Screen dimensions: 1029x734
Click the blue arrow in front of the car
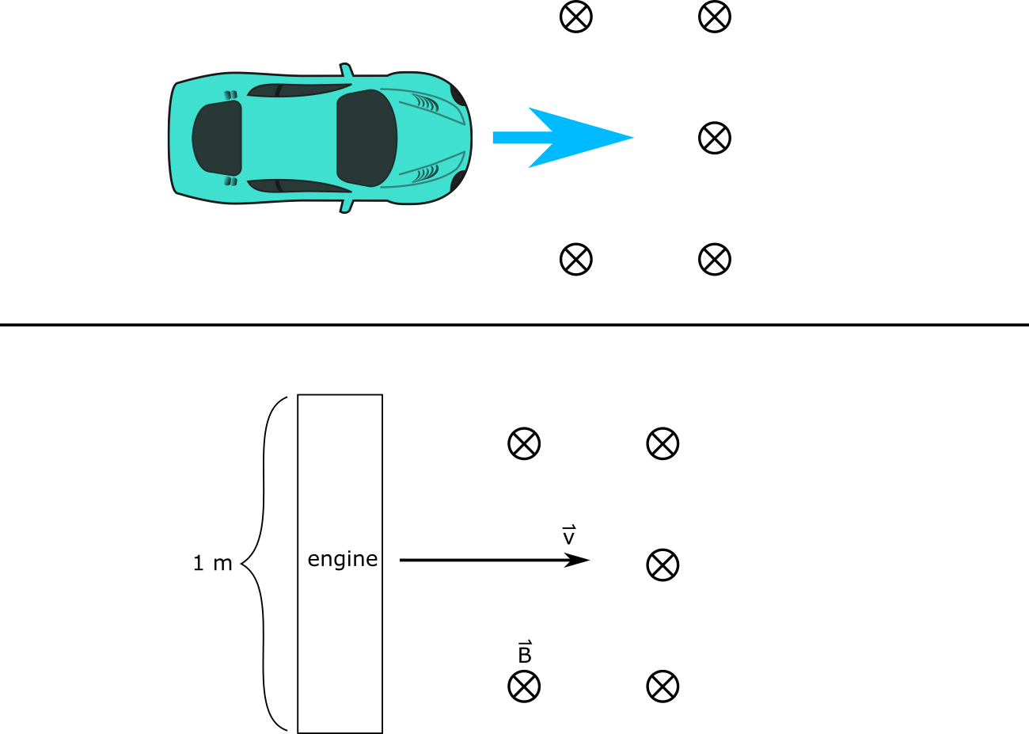pyautogui.click(x=564, y=138)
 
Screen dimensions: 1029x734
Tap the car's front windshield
pyautogui.click(x=367, y=138)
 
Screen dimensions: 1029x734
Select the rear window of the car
pyautogui.click(x=217, y=138)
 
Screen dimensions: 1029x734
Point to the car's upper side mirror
pyautogui.click(x=347, y=70)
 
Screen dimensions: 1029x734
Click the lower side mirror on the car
pyautogui.click(x=347, y=207)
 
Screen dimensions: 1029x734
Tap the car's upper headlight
pyautogui.click(x=458, y=96)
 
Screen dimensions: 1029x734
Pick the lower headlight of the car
pyautogui.click(x=458, y=181)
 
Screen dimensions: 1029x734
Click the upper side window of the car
pyautogui.click(x=298, y=90)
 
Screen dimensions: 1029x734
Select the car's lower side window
pyautogui.click(x=298, y=186)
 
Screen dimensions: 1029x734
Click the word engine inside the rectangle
pyautogui.click(x=343, y=559)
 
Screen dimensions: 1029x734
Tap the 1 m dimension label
pyautogui.click(x=213, y=564)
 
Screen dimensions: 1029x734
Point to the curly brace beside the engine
pyautogui.click(x=264, y=564)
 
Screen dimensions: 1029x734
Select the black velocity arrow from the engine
pyautogui.click(x=495, y=561)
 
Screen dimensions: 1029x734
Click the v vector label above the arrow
pyautogui.click(x=568, y=534)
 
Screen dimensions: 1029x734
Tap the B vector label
pyautogui.click(x=525, y=652)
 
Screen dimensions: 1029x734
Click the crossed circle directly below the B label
pyautogui.click(x=524, y=686)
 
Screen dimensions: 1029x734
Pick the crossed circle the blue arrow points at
pyautogui.click(x=715, y=138)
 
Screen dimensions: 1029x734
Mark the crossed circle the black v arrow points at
pyautogui.click(x=663, y=565)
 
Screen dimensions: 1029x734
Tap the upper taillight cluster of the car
pyautogui.click(x=230, y=95)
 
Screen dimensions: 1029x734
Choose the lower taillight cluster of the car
pyautogui.click(x=230, y=181)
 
